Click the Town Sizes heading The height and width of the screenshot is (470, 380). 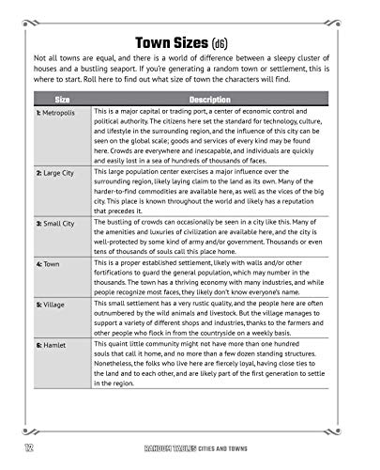tap(173, 42)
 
